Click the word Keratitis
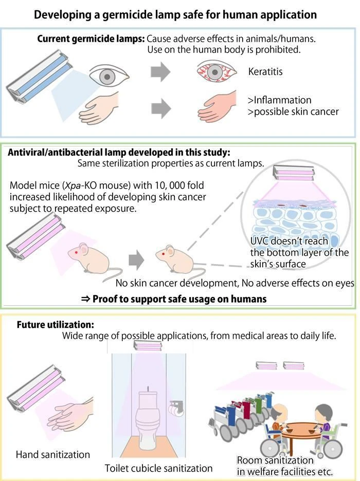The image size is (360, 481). [x=265, y=71]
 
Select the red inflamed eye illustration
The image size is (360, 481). [x=217, y=72]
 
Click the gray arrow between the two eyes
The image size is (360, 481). [x=160, y=72]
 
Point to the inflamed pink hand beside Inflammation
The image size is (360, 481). [x=218, y=107]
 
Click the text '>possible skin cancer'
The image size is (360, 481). [x=293, y=112]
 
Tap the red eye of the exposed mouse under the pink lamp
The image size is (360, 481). [x=77, y=252]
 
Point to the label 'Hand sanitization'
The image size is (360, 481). [x=53, y=454]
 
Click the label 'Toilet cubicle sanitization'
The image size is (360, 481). [x=159, y=468]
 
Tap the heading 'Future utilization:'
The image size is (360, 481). [x=55, y=325]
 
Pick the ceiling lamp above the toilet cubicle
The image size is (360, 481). [x=148, y=346]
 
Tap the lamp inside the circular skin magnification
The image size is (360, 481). [x=294, y=173]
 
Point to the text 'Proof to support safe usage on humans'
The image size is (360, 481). [x=179, y=299]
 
